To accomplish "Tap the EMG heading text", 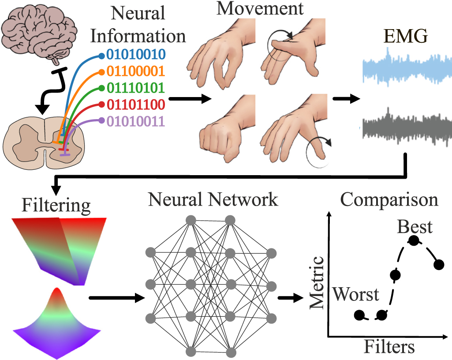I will [x=405, y=37].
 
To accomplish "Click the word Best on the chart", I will [x=415, y=227].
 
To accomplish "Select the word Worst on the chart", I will [x=356, y=294].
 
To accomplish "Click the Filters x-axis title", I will [x=389, y=347].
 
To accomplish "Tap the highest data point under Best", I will [x=414, y=241].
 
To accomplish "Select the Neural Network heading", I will [x=213, y=200].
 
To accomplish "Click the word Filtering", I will [x=56, y=206].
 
